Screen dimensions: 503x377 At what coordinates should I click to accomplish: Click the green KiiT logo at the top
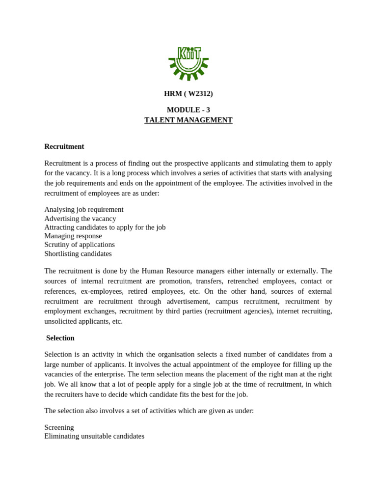(188, 62)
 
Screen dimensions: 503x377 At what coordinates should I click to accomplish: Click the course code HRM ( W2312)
(188, 93)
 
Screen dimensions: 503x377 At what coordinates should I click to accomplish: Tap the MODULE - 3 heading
(188, 110)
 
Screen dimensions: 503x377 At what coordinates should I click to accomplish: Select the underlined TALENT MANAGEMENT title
(188, 120)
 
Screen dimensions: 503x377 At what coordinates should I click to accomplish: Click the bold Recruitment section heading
(64, 146)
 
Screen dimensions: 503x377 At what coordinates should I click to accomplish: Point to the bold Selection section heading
(60, 338)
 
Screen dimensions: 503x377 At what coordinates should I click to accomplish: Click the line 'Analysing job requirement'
(84, 209)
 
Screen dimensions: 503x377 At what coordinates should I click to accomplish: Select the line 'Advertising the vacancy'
(80, 219)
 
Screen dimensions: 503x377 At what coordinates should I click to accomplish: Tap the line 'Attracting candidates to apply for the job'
(105, 227)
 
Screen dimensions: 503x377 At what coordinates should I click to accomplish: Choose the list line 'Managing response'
(73, 236)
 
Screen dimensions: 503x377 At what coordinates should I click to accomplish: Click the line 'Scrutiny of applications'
(80, 245)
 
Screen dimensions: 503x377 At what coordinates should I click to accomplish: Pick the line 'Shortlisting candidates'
(78, 253)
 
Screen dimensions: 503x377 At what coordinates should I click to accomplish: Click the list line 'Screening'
(59, 427)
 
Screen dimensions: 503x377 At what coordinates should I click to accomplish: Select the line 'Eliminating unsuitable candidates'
(94, 436)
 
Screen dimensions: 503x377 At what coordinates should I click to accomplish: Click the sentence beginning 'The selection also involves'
(149, 411)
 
